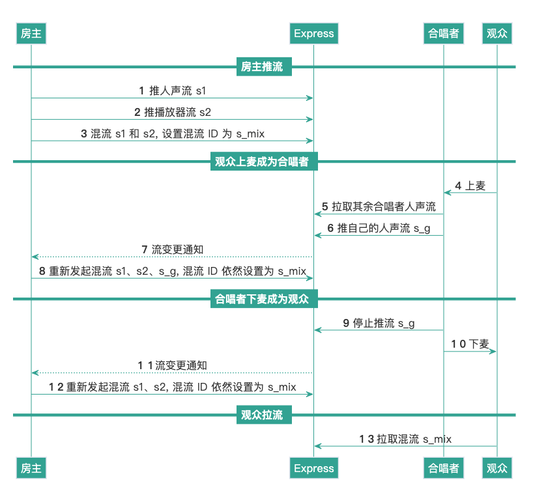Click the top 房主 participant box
click(x=31, y=33)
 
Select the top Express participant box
click(x=313, y=33)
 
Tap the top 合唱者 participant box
click(x=444, y=33)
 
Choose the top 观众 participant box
click(x=497, y=33)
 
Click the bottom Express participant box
click(x=313, y=468)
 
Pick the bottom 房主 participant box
click(x=31, y=468)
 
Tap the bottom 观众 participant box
click(x=497, y=468)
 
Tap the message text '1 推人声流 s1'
click(x=173, y=91)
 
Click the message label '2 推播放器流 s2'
click(x=173, y=112)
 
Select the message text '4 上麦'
click(x=470, y=186)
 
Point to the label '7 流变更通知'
click(x=173, y=249)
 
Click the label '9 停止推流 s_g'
click(x=379, y=323)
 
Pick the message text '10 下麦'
click(x=470, y=344)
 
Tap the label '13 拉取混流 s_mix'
click(x=405, y=439)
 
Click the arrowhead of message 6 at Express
click(x=317, y=236)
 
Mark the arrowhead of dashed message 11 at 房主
click(x=35, y=373)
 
